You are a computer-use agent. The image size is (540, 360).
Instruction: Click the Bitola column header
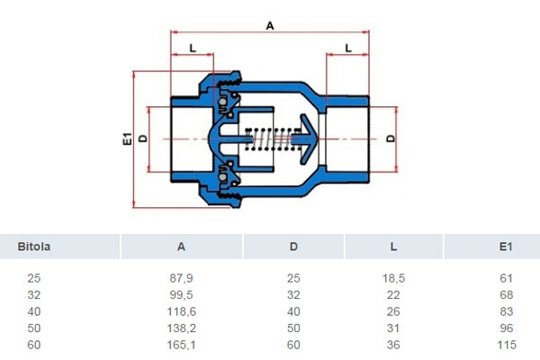(x=34, y=247)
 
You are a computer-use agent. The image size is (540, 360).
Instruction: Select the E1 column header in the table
(x=506, y=247)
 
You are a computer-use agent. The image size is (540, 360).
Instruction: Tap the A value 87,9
(x=181, y=278)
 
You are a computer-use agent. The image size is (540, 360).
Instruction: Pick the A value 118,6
(x=182, y=311)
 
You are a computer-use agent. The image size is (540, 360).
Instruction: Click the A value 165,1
(x=182, y=345)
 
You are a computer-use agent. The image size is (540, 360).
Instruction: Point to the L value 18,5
(x=393, y=278)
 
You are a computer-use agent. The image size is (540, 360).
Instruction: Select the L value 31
(x=393, y=328)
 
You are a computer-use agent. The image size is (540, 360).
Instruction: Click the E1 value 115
(x=507, y=345)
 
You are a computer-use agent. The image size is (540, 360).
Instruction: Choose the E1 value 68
(x=506, y=295)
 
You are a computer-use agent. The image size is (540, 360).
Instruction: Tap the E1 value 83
(x=506, y=311)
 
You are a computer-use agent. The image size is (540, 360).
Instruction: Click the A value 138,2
(x=182, y=328)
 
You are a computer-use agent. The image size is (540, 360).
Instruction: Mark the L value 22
(x=393, y=295)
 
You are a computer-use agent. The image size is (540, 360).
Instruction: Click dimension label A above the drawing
(x=270, y=25)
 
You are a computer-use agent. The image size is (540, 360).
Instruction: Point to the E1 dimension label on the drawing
(x=128, y=139)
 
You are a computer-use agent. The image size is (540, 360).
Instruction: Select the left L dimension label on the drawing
(x=193, y=48)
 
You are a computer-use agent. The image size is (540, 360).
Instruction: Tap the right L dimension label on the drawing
(x=348, y=48)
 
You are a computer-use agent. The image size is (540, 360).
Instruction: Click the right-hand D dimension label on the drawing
(x=391, y=139)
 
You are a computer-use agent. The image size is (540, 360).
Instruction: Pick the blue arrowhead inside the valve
(x=308, y=139)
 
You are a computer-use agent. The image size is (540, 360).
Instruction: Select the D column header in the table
(x=293, y=247)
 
